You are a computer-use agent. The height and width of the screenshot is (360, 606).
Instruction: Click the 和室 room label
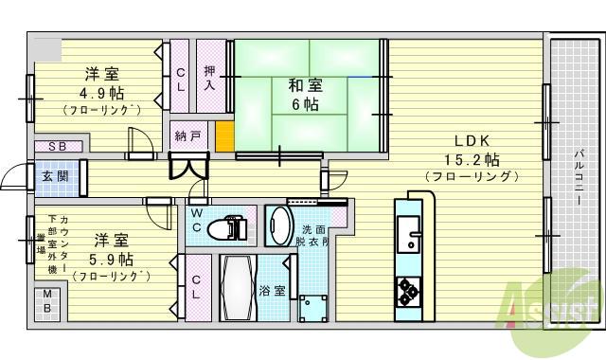coord(303,84)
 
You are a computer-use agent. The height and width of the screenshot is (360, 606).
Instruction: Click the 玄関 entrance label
coord(52,177)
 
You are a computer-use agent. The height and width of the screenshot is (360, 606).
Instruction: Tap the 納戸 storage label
coord(187,135)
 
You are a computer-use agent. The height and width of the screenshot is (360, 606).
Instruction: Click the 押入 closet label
coord(210,76)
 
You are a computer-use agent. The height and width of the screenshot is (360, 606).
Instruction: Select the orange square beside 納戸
coord(223,135)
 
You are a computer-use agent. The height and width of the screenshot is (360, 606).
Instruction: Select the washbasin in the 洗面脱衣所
coord(281,227)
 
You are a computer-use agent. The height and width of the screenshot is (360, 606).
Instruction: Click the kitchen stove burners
coord(408,291)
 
